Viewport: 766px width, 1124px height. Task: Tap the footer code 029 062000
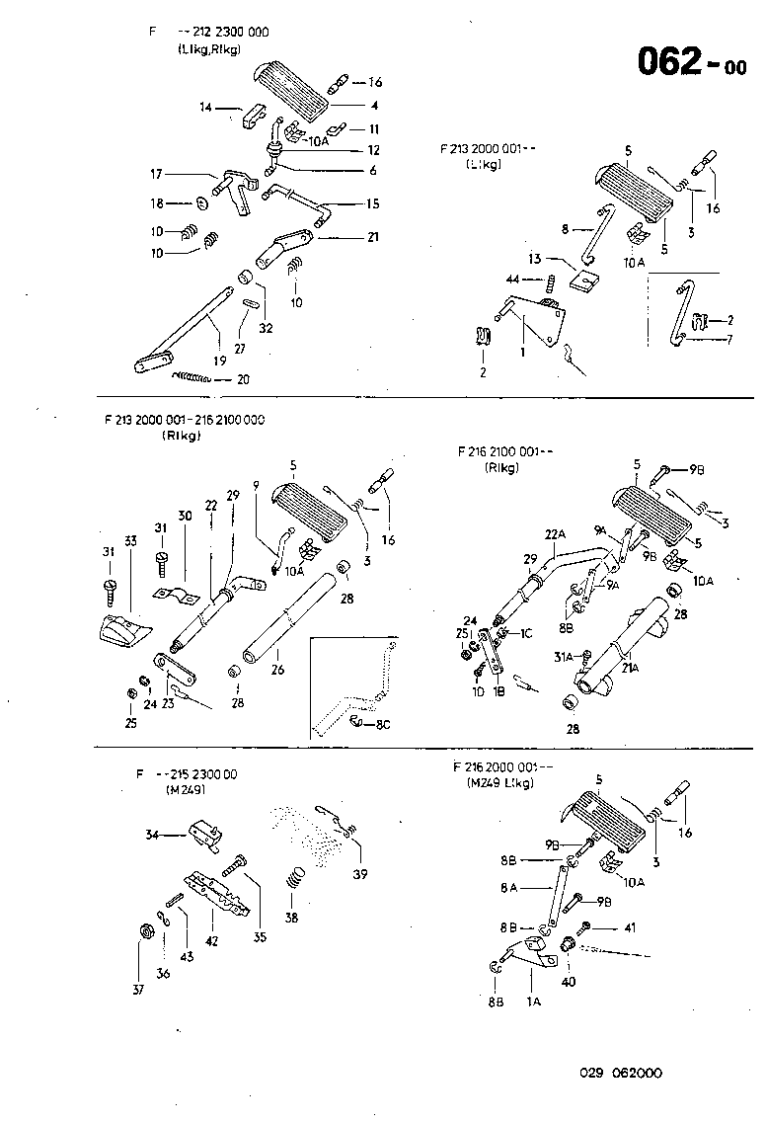tap(620, 1073)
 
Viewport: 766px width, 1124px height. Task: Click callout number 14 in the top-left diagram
tap(205, 106)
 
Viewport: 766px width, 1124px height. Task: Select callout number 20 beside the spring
tap(243, 379)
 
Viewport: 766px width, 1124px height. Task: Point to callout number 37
tap(137, 989)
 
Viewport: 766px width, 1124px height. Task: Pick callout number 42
tap(210, 942)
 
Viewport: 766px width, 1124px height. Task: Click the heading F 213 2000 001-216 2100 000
tap(184, 420)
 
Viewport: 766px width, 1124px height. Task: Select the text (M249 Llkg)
tap(500, 783)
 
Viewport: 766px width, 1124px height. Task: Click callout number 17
tap(157, 175)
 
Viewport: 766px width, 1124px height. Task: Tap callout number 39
tap(360, 872)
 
